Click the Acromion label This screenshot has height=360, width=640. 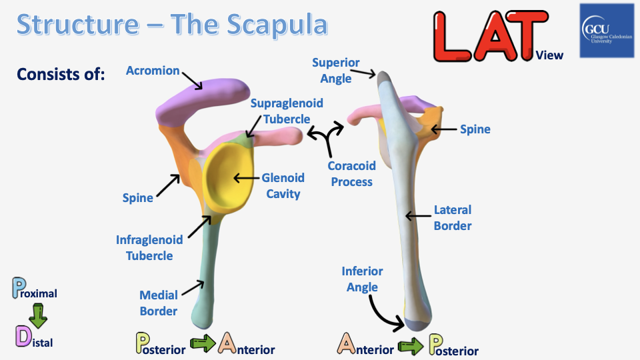pos(153,71)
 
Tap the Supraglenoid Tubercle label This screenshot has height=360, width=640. pos(286,111)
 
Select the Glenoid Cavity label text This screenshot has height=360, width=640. pos(283,185)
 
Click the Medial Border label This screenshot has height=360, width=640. pos(158,303)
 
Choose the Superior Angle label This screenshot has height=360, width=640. pos(335,71)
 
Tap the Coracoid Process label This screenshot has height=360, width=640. pos(351,173)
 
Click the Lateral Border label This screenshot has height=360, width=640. pos(452,217)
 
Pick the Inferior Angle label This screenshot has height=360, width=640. pos(362,279)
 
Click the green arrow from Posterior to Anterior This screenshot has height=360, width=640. pos(203,344)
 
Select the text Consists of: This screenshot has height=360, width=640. pos(61,74)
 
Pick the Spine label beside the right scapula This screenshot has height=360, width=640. pos(475,129)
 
